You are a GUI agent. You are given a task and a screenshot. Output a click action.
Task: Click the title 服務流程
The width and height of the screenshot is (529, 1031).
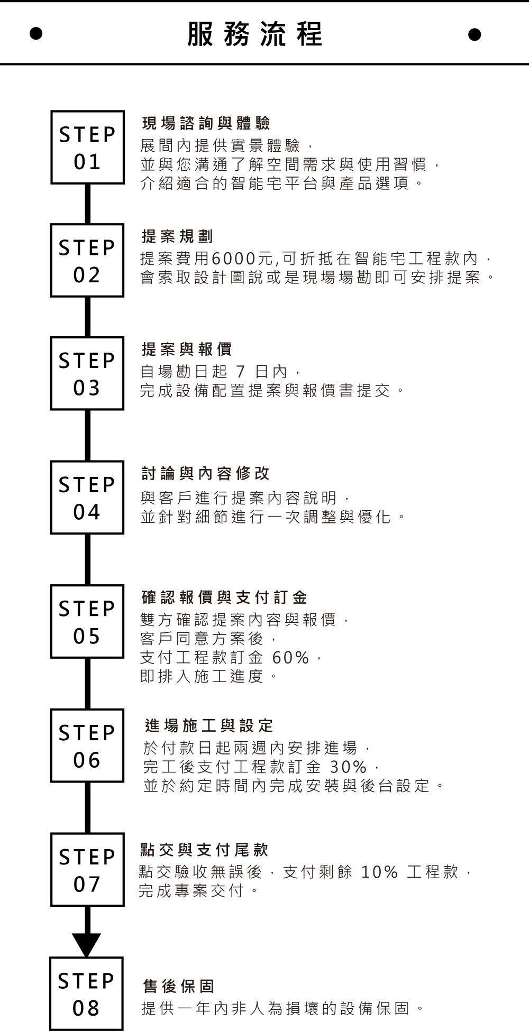tap(255, 34)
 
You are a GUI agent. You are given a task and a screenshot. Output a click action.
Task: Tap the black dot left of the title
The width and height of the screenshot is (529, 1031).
tap(36, 34)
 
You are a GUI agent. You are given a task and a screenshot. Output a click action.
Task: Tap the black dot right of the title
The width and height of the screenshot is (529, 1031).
tap(475, 34)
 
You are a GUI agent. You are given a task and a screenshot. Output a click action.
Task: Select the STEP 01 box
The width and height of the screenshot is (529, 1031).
tap(87, 148)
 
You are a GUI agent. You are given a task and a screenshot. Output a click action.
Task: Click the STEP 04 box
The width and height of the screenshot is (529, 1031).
tap(87, 498)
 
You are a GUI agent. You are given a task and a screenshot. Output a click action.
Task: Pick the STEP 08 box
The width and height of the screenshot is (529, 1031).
tap(86, 993)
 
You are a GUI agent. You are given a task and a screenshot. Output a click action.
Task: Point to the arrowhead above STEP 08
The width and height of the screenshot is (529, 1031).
tap(86, 945)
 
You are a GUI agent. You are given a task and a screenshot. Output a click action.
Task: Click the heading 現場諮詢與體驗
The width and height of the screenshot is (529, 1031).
tap(206, 124)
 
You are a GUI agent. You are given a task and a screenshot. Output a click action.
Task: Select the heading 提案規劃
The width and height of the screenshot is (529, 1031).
tap(178, 236)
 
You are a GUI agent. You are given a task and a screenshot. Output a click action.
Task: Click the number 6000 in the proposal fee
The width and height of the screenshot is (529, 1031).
tap(233, 259)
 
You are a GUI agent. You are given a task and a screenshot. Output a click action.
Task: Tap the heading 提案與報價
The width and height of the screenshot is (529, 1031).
tap(187, 349)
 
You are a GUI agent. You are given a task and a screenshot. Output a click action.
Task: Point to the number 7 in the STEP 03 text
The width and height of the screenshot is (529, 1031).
tap(241, 372)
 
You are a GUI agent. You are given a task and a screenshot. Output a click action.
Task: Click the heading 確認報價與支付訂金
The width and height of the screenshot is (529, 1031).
tap(224, 597)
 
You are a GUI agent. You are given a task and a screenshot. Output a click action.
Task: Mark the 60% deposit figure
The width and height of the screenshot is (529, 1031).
tap(290, 657)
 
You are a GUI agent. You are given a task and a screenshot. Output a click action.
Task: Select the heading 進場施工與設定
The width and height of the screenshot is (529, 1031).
tap(209, 725)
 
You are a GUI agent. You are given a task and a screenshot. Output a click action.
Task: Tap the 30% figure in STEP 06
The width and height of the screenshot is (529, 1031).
tap(348, 766)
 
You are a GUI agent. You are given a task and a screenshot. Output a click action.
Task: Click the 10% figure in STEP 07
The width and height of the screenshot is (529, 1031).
tap(379, 872)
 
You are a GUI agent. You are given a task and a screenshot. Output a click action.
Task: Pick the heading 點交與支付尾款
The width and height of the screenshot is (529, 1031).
tap(204, 850)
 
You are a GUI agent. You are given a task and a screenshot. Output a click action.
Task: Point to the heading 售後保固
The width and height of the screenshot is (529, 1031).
tap(179, 986)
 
